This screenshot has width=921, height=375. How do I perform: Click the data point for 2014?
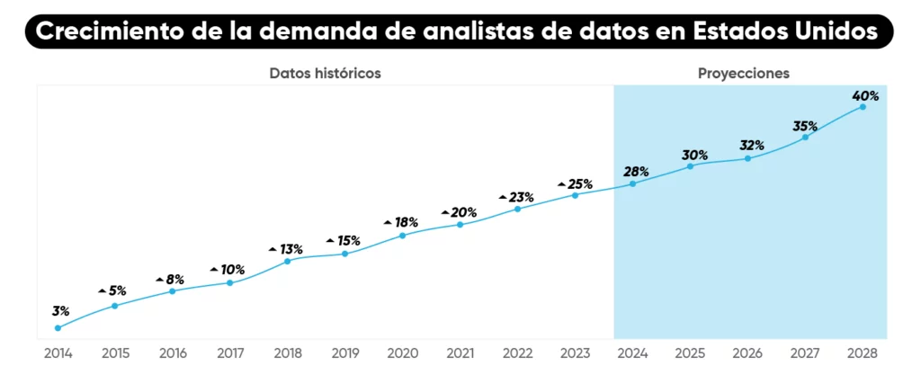coord(58,328)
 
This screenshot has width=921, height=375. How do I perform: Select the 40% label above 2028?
coord(865,95)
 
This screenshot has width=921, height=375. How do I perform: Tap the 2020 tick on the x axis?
coord(402,353)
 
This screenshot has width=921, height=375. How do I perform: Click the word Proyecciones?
coord(743,74)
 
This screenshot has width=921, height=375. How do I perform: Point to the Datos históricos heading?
coord(325,74)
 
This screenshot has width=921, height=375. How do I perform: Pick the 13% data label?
coord(291,249)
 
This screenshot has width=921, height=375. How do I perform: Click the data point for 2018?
coord(287,261)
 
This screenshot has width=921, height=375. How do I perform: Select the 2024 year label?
coord(633,353)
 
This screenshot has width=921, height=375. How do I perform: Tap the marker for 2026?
coord(747,158)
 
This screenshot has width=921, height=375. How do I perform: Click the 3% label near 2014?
coord(60,311)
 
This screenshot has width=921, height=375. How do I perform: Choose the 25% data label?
coord(580,183)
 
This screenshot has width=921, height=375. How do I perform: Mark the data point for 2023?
coord(575,195)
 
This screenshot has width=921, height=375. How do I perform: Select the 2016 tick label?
coord(172,353)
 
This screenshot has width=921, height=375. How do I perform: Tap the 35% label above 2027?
coord(805,126)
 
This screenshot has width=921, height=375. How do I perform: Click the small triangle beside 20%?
coord(444,213)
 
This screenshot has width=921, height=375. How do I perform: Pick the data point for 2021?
coord(460,224)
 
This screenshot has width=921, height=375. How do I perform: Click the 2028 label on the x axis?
coord(863,353)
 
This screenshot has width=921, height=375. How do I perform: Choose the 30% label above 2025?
coord(694,155)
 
